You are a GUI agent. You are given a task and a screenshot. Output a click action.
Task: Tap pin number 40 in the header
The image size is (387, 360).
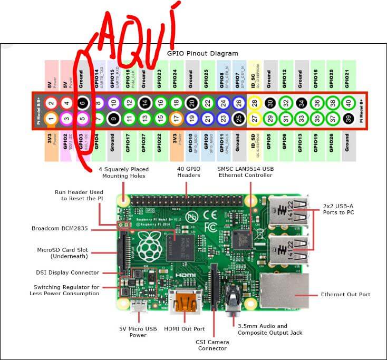347,103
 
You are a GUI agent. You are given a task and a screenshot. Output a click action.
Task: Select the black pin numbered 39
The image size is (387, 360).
347,119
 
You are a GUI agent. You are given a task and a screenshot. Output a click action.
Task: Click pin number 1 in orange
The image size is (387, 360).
51,119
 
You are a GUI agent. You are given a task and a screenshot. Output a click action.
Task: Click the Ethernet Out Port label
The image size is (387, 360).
345,294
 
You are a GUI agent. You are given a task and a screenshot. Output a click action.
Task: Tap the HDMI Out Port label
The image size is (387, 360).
184,329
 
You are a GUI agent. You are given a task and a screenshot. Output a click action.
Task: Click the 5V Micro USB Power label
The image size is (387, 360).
138,332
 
